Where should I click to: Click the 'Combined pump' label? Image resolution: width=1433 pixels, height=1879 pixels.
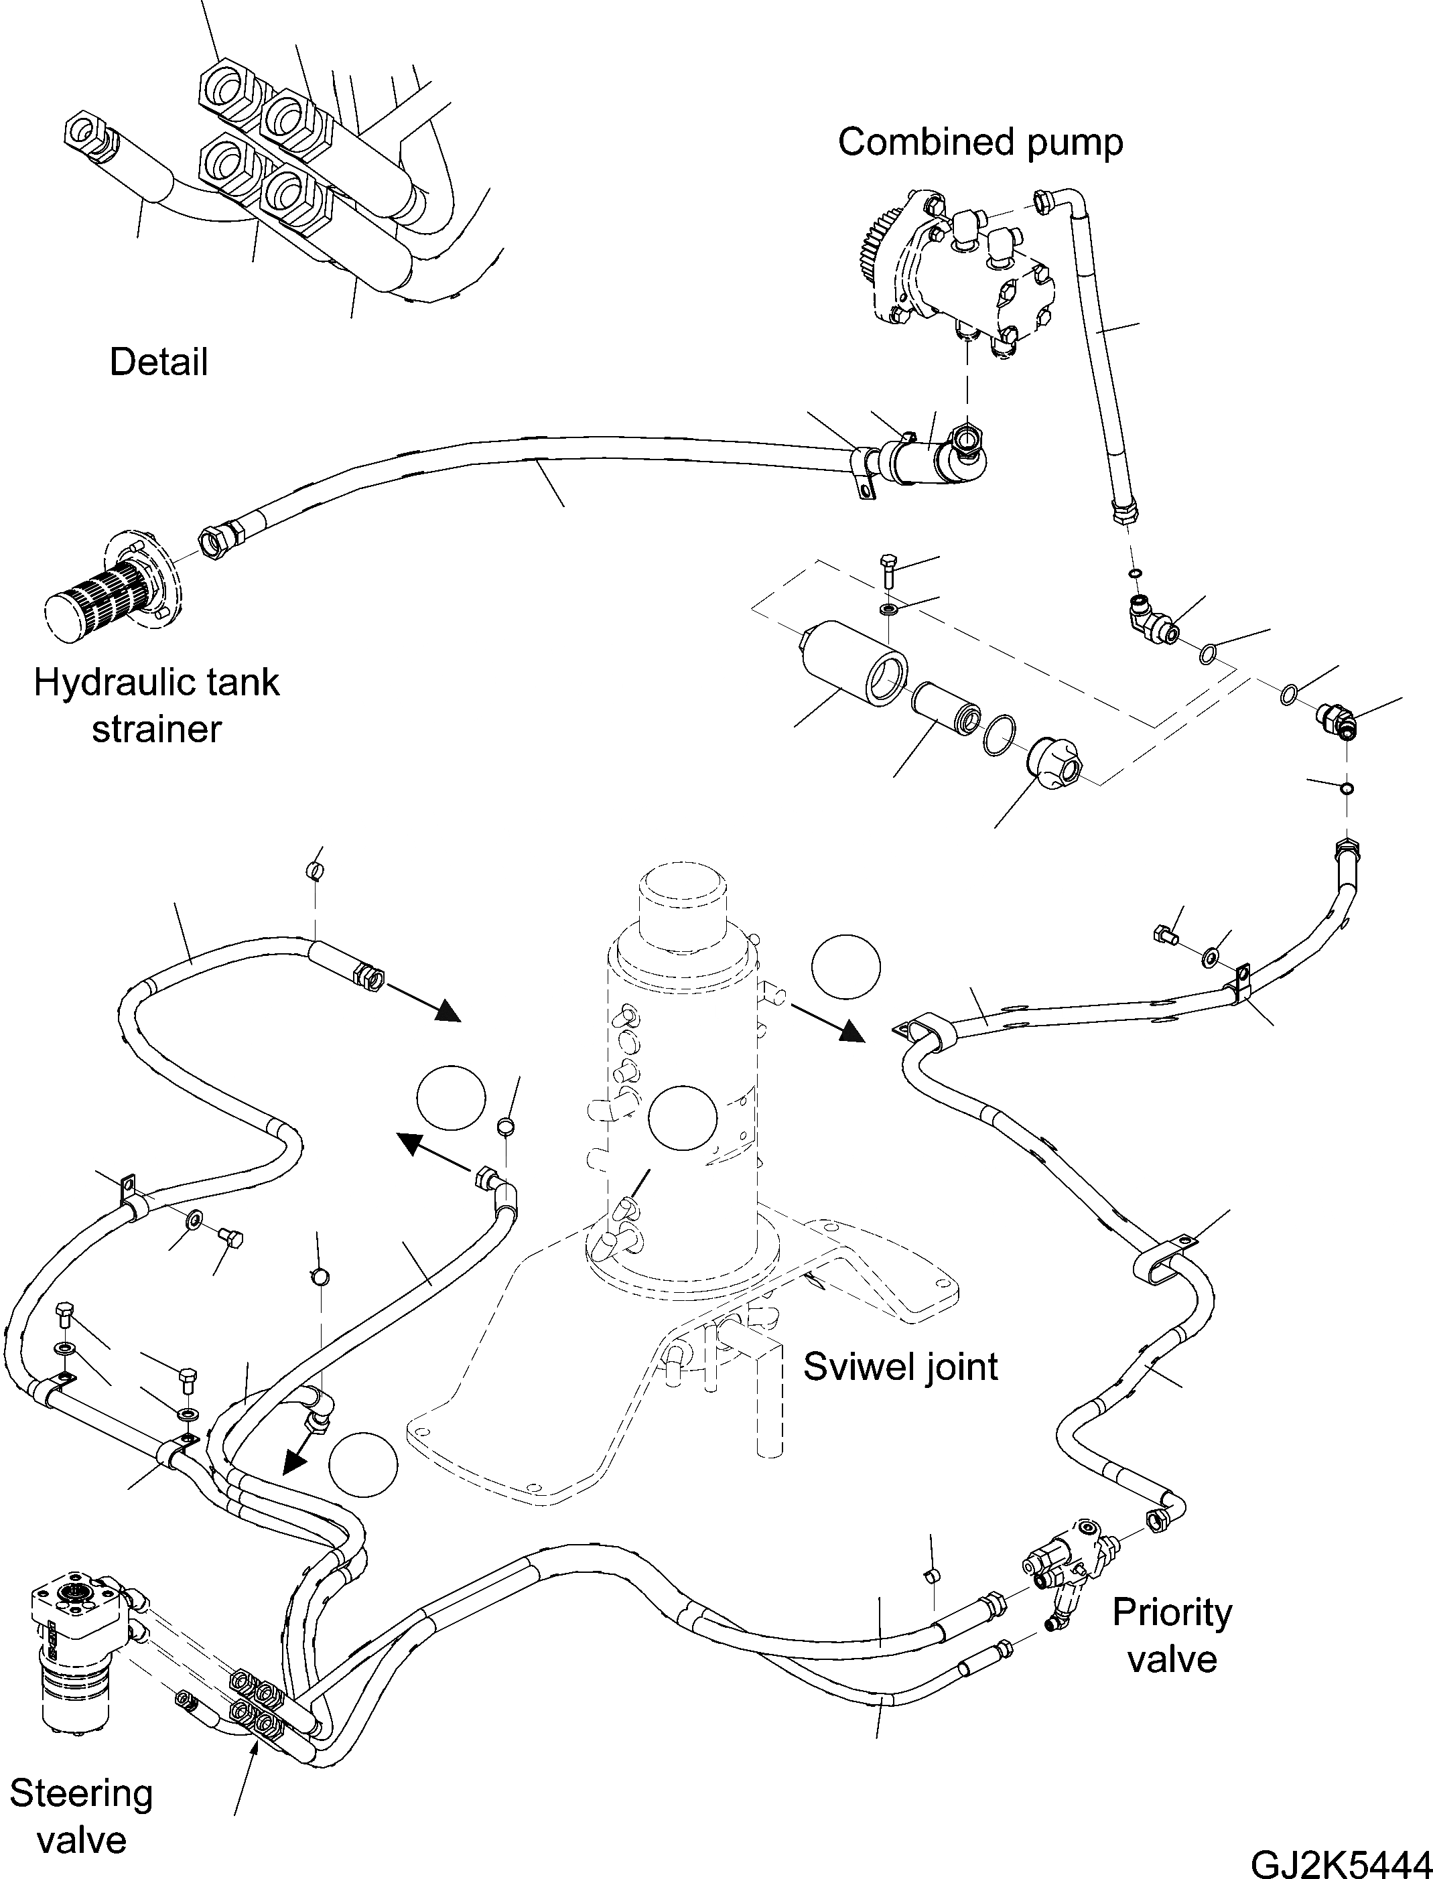click(980, 143)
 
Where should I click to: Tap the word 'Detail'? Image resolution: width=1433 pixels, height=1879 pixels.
click(159, 362)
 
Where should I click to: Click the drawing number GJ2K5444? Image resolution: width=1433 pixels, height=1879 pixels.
click(1341, 1860)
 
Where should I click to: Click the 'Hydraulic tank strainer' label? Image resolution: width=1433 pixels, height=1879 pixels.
click(156, 705)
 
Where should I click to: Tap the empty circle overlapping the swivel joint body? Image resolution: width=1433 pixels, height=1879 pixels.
click(683, 1118)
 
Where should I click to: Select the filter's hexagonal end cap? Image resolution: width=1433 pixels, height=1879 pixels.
click(1055, 764)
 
